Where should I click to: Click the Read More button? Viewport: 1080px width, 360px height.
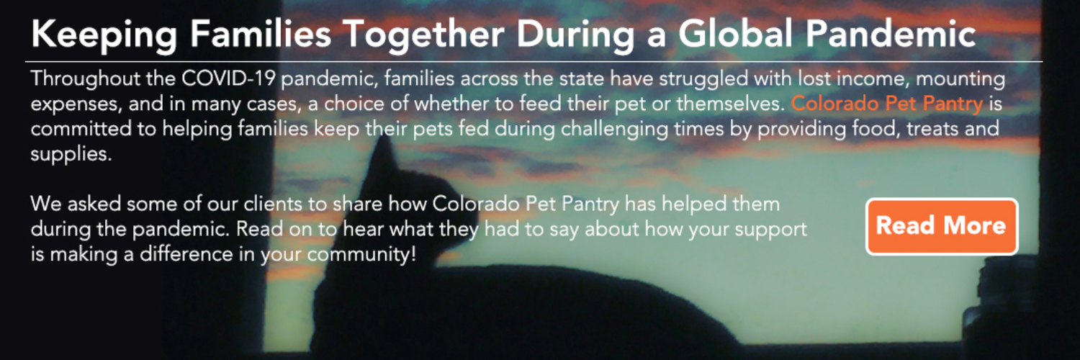coord(942,226)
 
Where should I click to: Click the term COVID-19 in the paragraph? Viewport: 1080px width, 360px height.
coord(228,78)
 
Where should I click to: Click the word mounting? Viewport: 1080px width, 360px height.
coord(960,79)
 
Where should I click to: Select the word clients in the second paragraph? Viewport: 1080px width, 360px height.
coord(273,204)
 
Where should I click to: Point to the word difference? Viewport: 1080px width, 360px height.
coord(186,254)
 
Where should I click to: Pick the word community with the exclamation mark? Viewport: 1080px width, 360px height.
coord(361,255)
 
